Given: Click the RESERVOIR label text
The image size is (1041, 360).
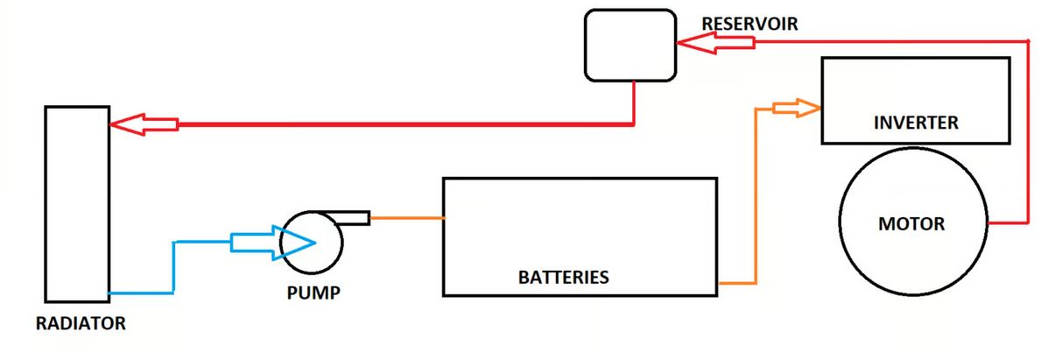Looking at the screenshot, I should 749,24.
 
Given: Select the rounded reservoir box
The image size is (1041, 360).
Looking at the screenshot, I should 630,46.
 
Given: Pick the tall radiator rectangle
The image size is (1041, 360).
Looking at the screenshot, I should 76,202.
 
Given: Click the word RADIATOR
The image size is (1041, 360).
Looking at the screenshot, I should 81,324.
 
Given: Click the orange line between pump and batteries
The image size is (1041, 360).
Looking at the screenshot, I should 407,217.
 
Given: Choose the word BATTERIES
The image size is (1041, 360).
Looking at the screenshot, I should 564,279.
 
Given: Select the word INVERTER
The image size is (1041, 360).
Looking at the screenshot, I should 916,124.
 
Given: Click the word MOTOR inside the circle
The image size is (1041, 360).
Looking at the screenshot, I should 911,224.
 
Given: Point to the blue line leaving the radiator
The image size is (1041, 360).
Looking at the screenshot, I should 140,293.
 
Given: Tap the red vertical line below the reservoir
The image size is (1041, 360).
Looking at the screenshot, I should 633,103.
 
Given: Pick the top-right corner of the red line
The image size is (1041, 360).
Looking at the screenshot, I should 1026,40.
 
